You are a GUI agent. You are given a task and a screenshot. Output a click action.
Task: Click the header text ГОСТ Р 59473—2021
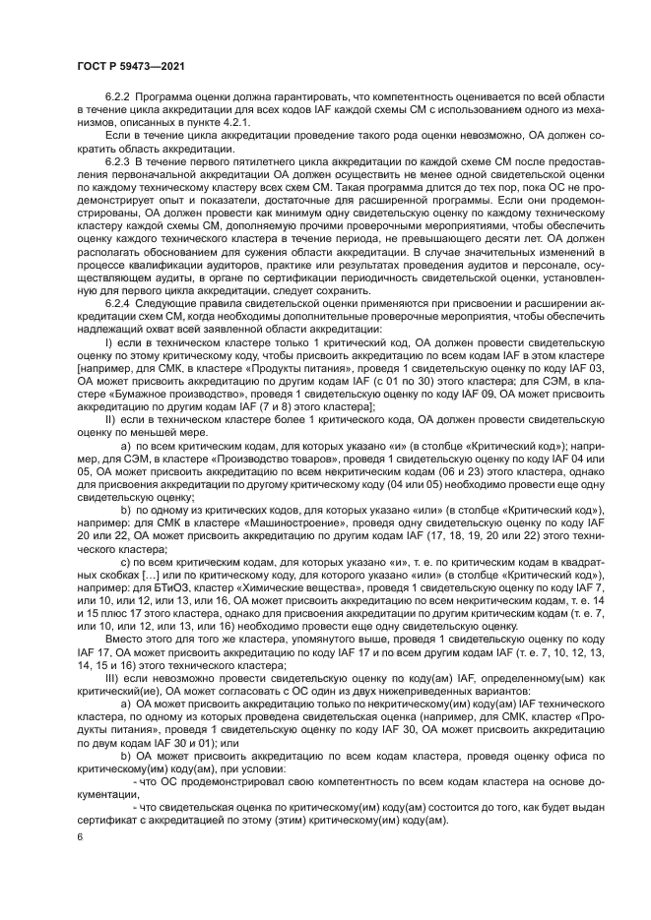pos(128,68)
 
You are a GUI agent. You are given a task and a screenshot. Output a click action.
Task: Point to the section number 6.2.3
pos(119,158)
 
